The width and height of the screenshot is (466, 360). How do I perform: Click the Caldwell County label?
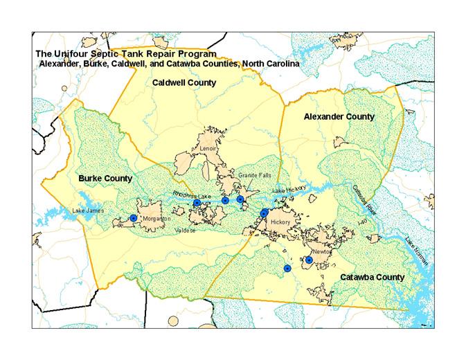click(183, 82)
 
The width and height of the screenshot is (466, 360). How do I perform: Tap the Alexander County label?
click(339, 116)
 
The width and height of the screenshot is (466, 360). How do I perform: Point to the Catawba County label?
click(371, 277)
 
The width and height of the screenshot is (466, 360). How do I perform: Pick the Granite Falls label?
click(252, 176)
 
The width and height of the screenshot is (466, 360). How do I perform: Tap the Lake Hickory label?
click(288, 190)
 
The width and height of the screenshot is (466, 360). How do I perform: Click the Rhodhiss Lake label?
click(191, 196)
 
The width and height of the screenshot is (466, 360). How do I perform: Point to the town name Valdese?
click(186, 231)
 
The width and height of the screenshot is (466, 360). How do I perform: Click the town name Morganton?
click(156, 219)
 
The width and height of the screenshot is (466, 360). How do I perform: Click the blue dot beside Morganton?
click(133, 218)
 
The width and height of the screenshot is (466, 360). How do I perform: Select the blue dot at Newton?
click(308, 261)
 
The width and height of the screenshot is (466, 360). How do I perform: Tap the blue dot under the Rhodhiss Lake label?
click(197, 203)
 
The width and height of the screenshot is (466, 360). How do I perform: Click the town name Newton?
click(322, 253)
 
